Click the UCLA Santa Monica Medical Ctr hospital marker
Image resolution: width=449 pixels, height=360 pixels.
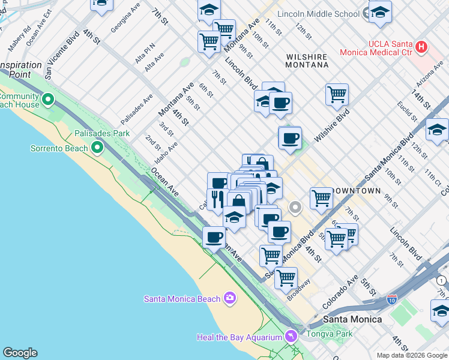(421, 46)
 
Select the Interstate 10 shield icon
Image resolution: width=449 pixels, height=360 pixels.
(391, 298)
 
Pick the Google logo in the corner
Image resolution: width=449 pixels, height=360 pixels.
(20, 353)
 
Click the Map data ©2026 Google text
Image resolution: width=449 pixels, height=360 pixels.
(411, 355)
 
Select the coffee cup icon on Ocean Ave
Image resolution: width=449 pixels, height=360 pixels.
(214, 237)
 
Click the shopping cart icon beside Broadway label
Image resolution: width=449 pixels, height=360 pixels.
(286, 278)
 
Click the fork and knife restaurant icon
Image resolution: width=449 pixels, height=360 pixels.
(217, 199)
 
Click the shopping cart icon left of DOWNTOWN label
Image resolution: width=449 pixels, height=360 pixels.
(321, 198)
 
